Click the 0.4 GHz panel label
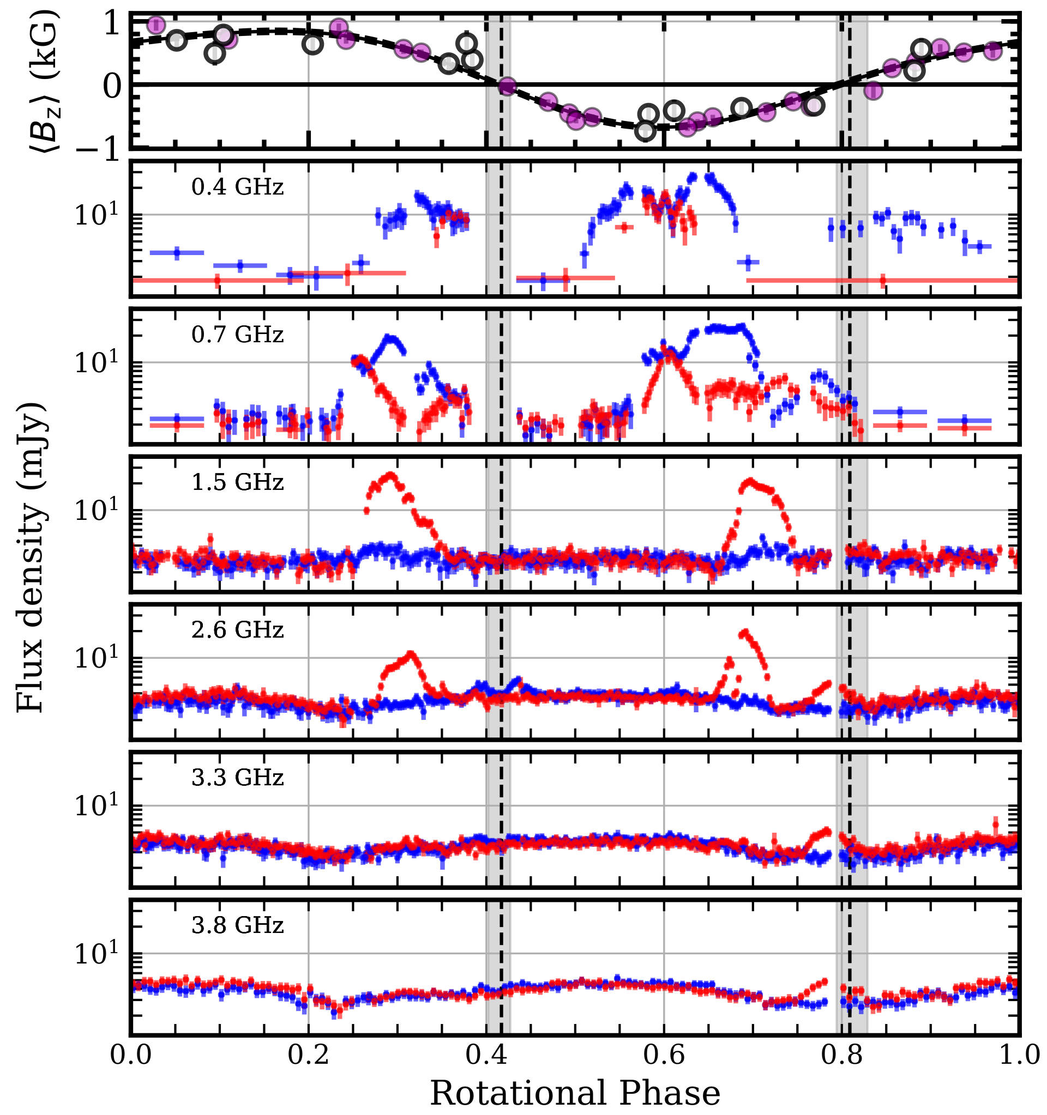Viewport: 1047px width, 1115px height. pos(237,187)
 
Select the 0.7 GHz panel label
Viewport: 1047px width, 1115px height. pos(237,335)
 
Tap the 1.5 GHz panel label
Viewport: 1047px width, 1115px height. pos(237,482)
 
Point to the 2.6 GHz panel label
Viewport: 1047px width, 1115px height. pos(237,630)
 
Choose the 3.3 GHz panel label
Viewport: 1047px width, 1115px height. pos(237,777)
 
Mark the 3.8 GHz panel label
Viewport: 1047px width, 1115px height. pos(237,925)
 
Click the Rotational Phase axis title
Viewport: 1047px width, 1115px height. pos(575,1093)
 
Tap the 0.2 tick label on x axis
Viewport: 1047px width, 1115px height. pos(308,1055)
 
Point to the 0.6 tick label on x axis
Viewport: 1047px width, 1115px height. pos(664,1055)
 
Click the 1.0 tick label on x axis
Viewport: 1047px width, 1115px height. pos(1019,1055)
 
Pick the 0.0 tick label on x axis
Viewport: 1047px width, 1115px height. pos(131,1055)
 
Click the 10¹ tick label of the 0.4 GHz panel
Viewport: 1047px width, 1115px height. pos(97,214)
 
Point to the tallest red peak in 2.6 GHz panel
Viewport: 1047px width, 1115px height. pos(744,633)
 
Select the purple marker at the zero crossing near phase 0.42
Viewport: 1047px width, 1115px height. pos(507,86)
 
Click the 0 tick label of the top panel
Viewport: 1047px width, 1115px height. pos(112,86)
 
